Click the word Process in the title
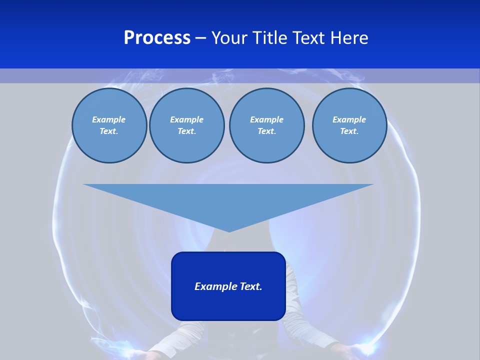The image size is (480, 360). [x=157, y=38]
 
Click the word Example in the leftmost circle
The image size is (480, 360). [x=109, y=119]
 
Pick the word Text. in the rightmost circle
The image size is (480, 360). [x=349, y=131]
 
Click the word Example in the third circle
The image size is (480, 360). [x=266, y=119]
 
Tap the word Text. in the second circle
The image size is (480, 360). [x=186, y=131]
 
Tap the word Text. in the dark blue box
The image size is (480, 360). [x=251, y=286]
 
